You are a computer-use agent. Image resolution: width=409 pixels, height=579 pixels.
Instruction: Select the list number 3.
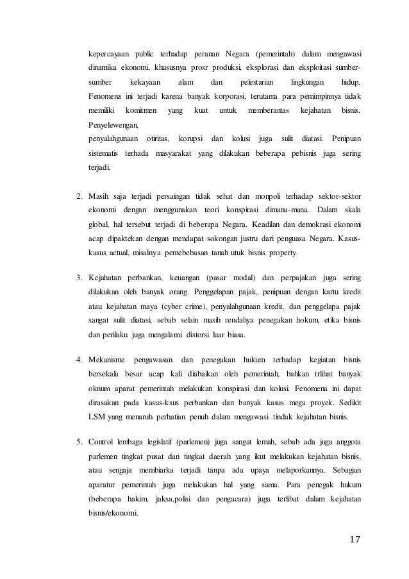(79, 278)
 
